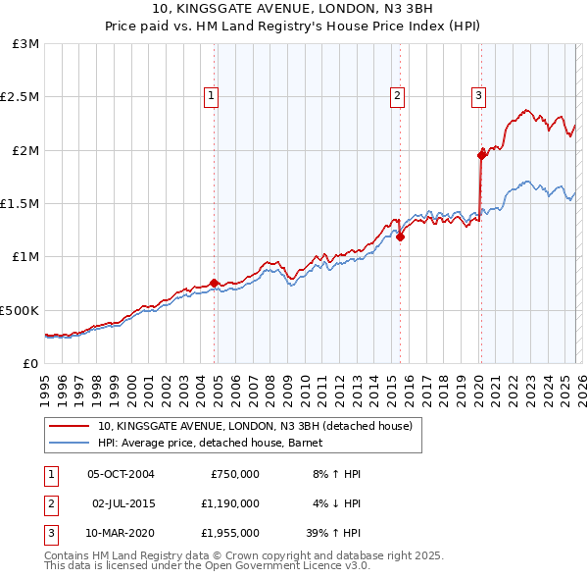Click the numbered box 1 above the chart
pos(212,95)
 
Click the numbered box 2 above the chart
pos(397,95)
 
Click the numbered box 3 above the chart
pos(478,95)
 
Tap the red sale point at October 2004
pos(214,284)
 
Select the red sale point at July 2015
pos(400,237)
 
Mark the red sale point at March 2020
pos(481,155)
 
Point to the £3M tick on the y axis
pos(26,44)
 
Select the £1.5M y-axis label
pos(22,203)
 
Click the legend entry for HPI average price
pos(216,444)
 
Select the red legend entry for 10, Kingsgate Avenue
pos(260,426)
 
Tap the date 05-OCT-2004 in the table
pos(122,474)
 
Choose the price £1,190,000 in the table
pos(229,503)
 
